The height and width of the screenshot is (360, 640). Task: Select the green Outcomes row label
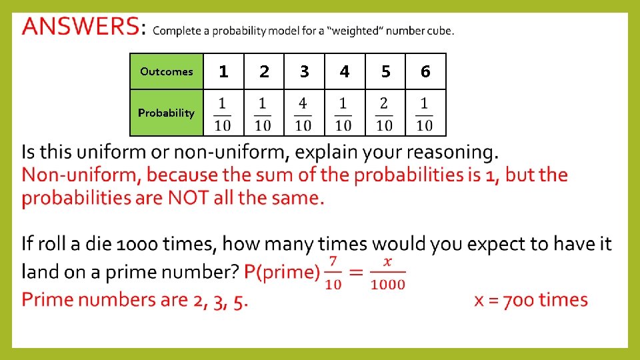point(166,72)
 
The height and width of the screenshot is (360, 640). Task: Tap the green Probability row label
point(166,113)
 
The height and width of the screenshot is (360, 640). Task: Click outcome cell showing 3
point(304,71)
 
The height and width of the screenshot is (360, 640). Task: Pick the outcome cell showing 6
point(425,71)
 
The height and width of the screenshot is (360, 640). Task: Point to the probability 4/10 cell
point(303,114)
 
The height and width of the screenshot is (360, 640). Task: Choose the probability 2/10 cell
point(384,114)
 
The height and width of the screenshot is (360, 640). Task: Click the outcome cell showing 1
point(223,71)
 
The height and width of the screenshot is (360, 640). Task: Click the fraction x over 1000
point(388,271)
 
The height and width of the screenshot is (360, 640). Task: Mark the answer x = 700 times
point(531,299)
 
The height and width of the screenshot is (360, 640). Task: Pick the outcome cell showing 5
point(385,71)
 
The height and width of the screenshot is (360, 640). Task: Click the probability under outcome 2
point(263,114)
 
